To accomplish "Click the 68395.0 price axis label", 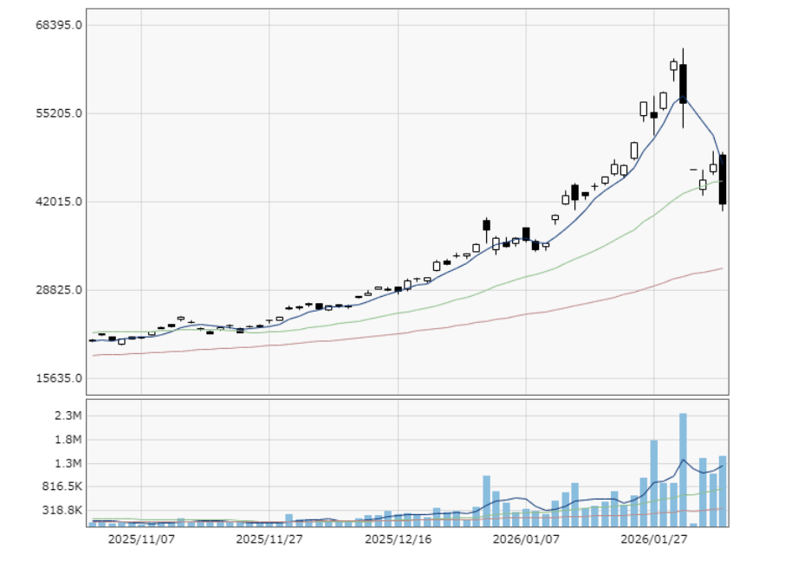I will point(60,24).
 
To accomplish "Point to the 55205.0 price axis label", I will point(60,113).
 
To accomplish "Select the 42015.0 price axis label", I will point(60,202).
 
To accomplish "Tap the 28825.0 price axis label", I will point(60,290).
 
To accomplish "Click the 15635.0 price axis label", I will point(60,378).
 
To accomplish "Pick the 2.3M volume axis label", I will point(68,416).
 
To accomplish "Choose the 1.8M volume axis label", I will point(68,439).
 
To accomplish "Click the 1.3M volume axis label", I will point(68,463).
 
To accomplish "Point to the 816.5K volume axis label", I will point(62,487).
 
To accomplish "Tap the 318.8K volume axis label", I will point(62,510).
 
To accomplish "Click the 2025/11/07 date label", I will point(141,538).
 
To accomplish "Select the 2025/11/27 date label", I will point(269,538).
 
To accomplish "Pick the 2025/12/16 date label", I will point(398,538).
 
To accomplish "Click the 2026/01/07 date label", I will point(526,538).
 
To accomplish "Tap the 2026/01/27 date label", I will point(654,538).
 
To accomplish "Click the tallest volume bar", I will point(683,469).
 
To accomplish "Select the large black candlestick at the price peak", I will point(683,83).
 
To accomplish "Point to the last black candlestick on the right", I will point(723,179).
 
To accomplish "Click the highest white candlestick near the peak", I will point(673,65).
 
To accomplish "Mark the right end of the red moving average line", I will point(722,268).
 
